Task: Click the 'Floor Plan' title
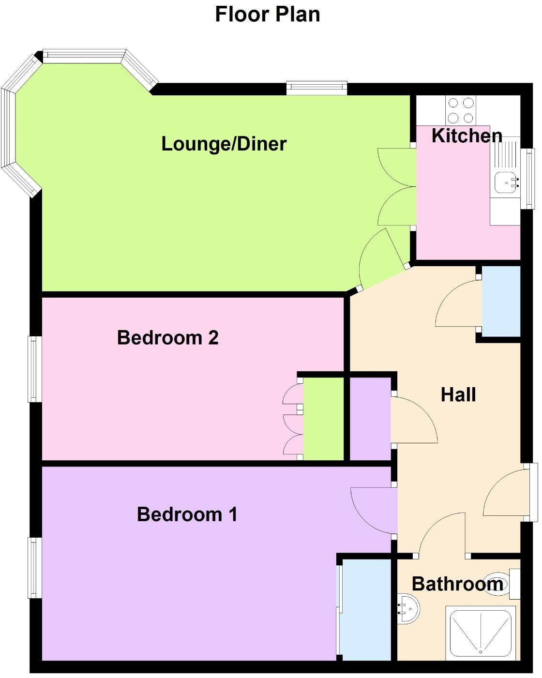point(268,15)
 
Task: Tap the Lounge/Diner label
point(224,144)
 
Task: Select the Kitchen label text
point(467,136)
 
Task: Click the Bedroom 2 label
point(167,337)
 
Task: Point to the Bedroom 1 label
point(187,514)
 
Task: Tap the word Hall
point(458,395)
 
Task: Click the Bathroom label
point(457,584)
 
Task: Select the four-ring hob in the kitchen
point(461,110)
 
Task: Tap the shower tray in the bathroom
point(481,632)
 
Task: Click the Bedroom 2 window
point(34,369)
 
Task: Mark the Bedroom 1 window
point(34,568)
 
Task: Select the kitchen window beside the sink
point(529,179)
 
